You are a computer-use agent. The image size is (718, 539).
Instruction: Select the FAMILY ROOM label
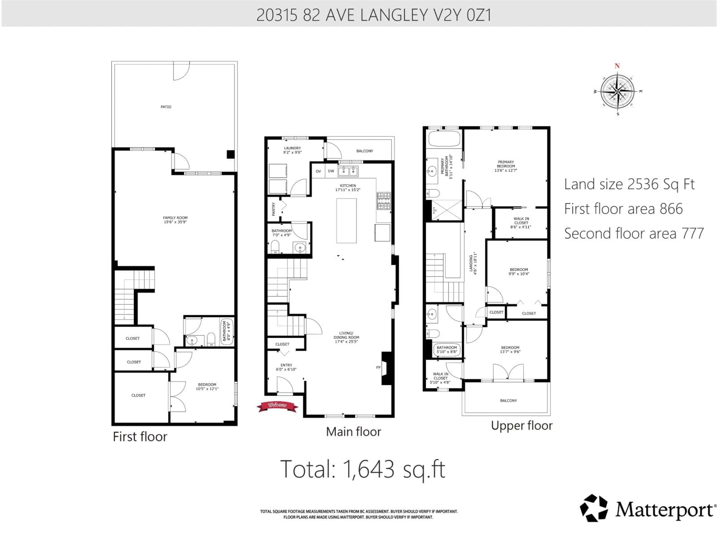coord(175,220)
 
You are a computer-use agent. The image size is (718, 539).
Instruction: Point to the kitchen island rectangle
coord(346,221)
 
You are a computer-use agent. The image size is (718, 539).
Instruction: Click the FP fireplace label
coord(378,367)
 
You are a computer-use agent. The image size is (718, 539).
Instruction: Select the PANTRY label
coord(274,209)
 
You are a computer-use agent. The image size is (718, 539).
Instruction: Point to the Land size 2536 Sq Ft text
coord(629,184)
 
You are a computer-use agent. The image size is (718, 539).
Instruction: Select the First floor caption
coord(140,437)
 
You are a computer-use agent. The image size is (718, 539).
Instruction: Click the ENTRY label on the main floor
coord(286,367)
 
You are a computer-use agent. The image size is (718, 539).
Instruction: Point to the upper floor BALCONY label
coord(508,401)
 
